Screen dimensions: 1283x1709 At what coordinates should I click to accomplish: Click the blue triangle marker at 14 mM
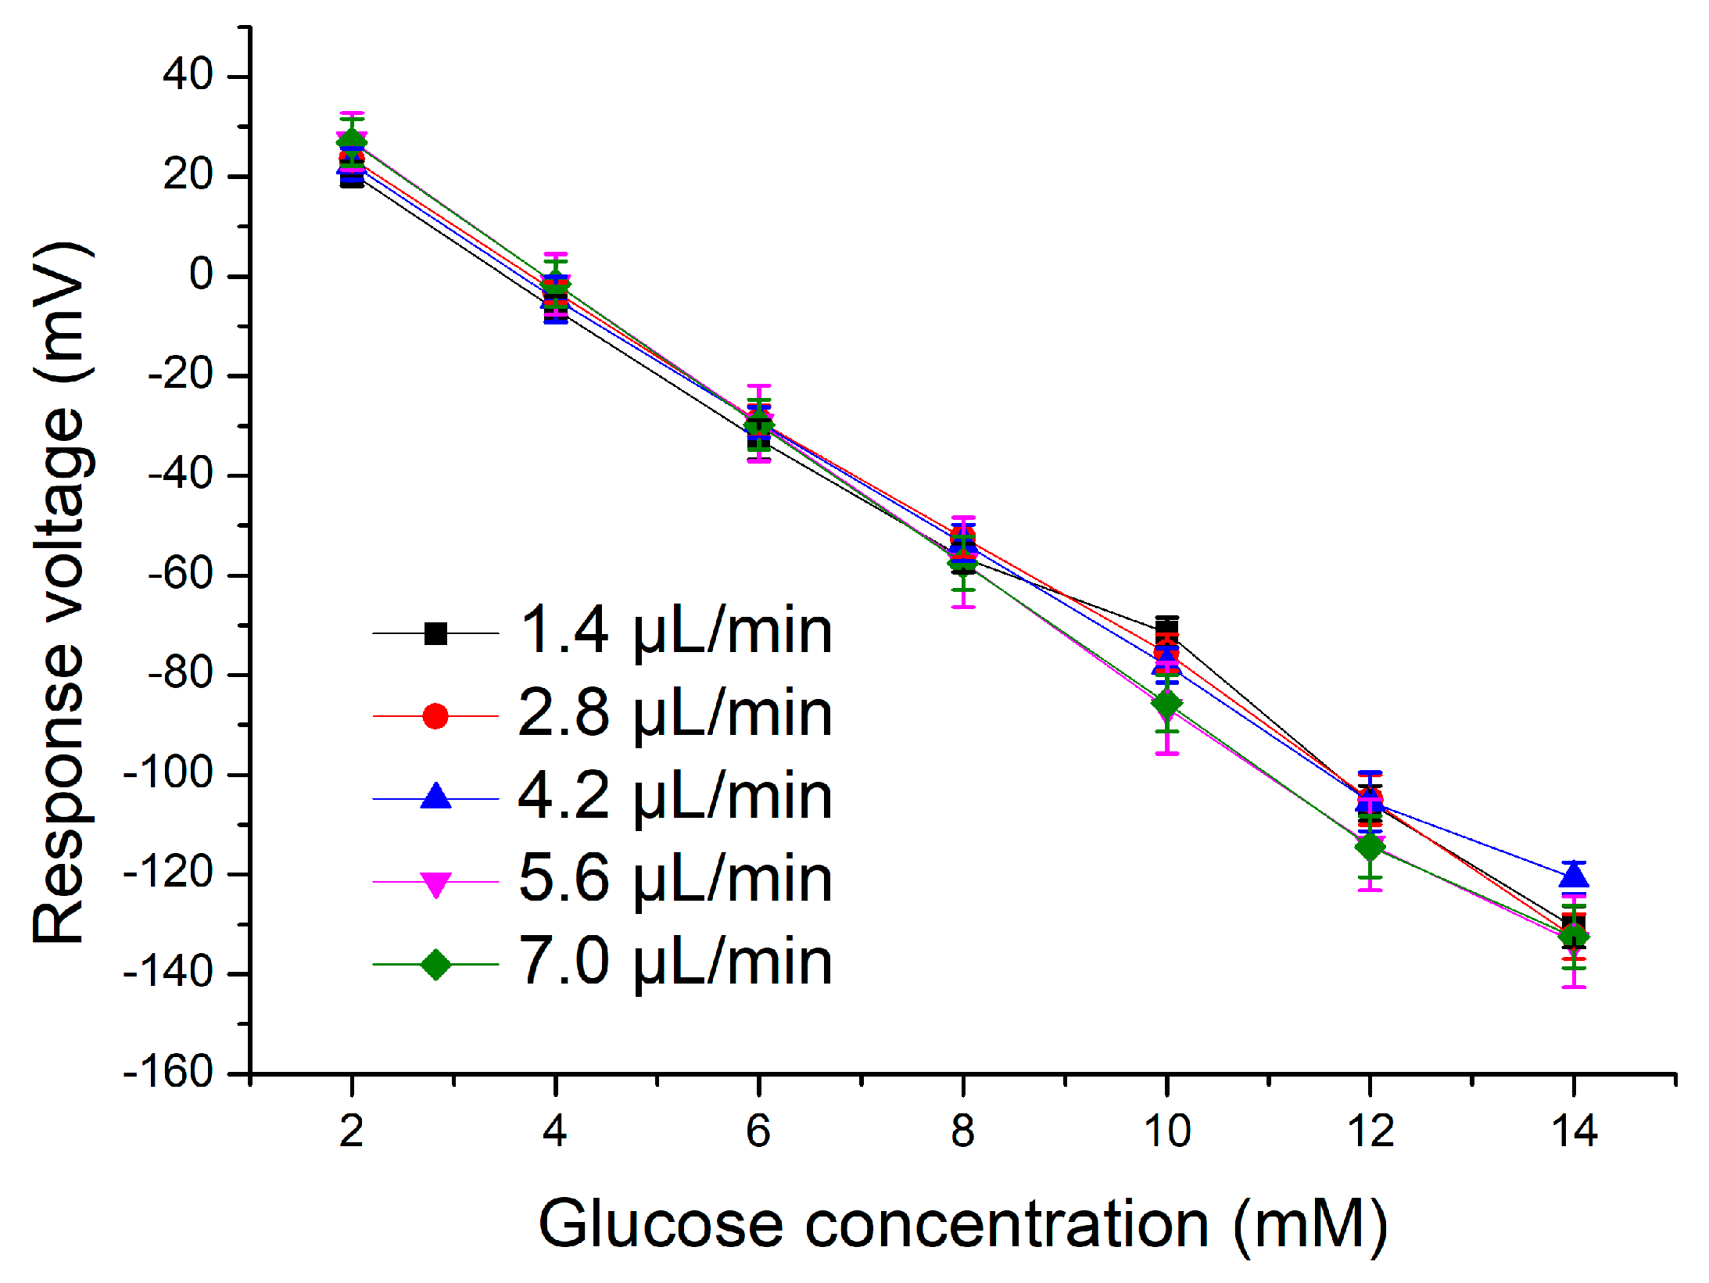(x=1573, y=876)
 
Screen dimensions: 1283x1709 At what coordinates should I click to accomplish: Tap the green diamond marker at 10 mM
(x=1166, y=704)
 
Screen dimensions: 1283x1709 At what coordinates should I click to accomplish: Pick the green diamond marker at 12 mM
(x=1370, y=846)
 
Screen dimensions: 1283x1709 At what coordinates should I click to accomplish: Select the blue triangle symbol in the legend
(x=435, y=797)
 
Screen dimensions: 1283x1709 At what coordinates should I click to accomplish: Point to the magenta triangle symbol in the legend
(x=435, y=883)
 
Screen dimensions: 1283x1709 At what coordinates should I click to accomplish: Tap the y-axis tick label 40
(x=188, y=76)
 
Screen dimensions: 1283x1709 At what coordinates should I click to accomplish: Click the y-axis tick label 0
(x=201, y=275)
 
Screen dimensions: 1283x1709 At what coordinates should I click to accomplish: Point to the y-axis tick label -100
(x=168, y=773)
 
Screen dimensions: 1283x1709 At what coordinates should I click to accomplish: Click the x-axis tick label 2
(x=352, y=1131)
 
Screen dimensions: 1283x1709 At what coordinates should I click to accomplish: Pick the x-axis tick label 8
(x=962, y=1131)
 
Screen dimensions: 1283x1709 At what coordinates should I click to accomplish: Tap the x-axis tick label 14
(x=1573, y=1131)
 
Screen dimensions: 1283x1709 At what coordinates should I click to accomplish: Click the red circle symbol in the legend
(x=435, y=715)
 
